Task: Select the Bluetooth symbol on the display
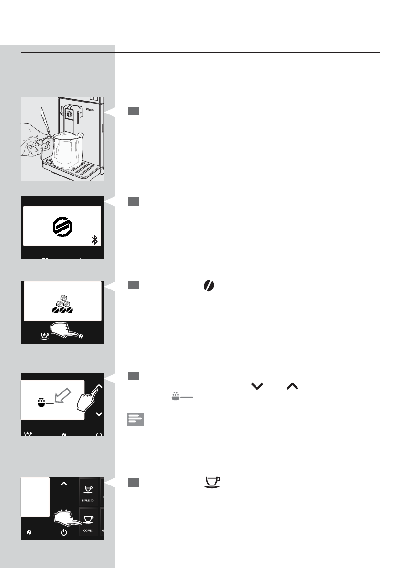[x=95, y=239]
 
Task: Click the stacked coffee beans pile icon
[x=62, y=303]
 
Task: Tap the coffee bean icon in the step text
[x=209, y=286]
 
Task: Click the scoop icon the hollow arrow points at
[x=44, y=402]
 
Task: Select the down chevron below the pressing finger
[x=99, y=414]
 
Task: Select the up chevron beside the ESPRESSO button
[x=64, y=484]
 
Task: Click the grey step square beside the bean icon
[x=133, y=285]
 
